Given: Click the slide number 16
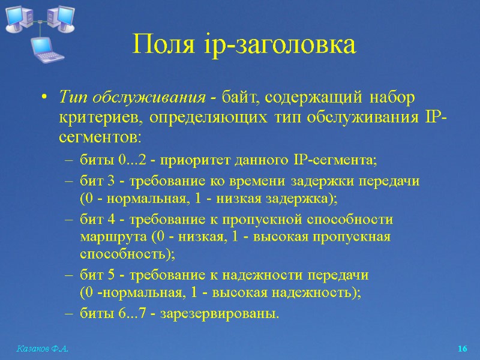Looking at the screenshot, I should [x=462, y=349].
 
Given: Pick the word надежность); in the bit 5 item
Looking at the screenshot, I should [x=324, y=293].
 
